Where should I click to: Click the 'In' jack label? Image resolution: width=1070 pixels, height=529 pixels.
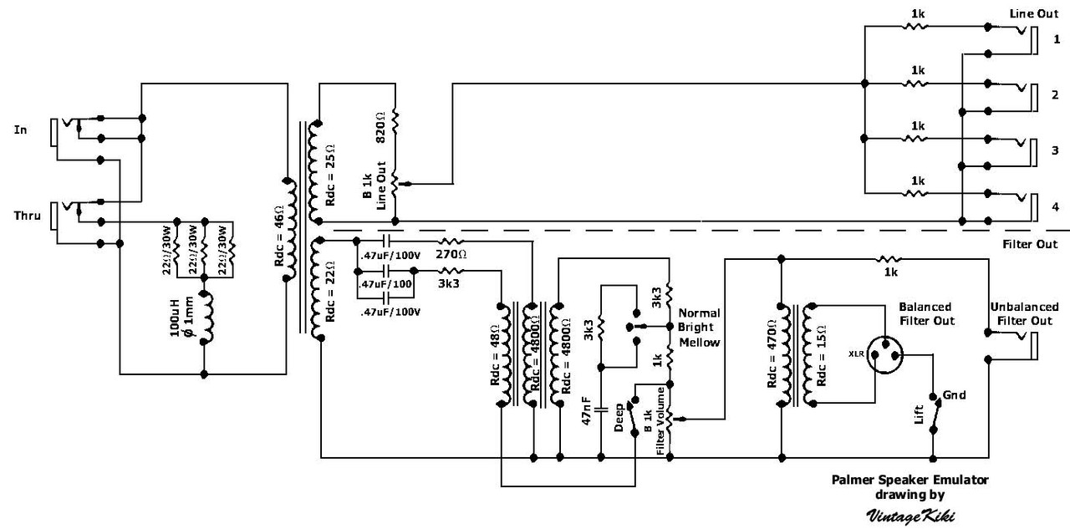[21, 130]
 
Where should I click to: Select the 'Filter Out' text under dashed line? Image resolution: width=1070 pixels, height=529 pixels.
[1028, 245]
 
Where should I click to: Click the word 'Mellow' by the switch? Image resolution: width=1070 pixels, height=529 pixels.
[700, 343]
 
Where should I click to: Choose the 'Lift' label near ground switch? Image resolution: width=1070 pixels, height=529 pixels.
[920, 414]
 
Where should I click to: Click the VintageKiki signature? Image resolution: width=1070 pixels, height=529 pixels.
[909, 516]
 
